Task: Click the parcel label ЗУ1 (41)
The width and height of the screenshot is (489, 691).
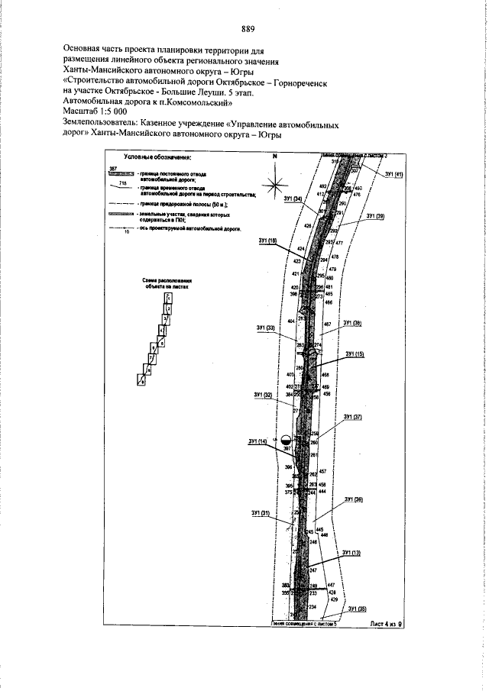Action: click(394, 175)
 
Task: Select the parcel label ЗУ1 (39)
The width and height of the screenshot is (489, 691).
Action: click(375, 216)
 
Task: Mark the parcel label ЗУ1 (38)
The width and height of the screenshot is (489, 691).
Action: click(352, 323)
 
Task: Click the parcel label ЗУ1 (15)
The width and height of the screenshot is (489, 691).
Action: click(355, 354)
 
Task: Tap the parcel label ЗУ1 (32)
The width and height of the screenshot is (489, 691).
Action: click(263, 395)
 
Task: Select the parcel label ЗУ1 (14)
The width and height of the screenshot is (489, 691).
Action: click(258, 442)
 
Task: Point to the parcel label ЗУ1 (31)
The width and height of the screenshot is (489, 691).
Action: click(261, 512)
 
